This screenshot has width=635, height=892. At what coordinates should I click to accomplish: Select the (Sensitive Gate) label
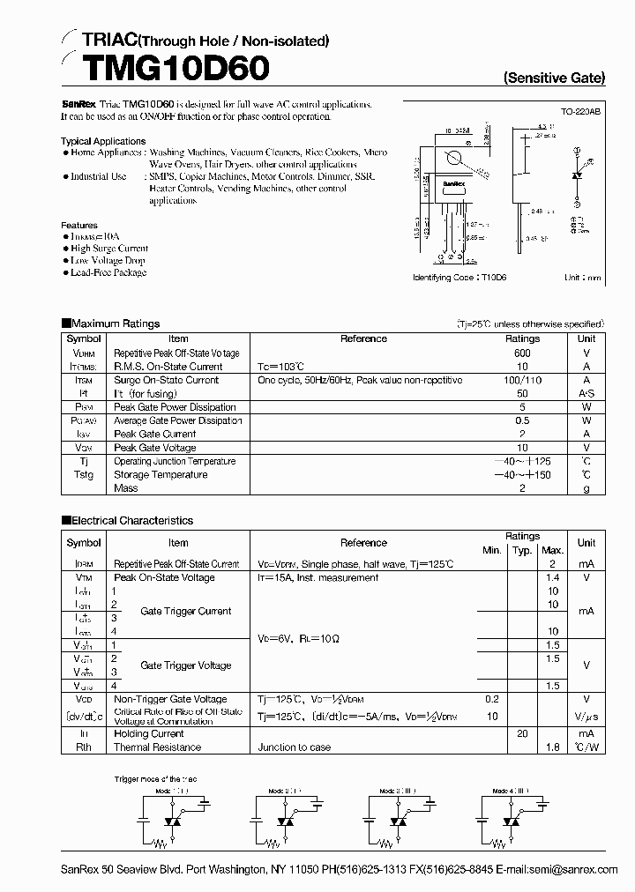[x=554, y=78]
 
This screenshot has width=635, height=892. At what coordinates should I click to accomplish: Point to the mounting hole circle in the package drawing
[x=455, y=160]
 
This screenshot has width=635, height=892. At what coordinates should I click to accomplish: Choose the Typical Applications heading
[x=103, y=141]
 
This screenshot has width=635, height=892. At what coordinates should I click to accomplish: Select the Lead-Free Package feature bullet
[x=108, y=272]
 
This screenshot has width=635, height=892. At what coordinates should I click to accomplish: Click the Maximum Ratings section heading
[x=115, y=323]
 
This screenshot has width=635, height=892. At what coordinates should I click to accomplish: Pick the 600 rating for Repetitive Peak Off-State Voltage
[x=522, y=353]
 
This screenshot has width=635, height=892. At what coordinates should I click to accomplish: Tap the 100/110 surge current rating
[x=522, y=380]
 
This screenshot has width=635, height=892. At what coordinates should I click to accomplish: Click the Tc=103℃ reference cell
[x=281, y=367]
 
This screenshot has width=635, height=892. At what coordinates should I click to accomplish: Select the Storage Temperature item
[x=160, y=475]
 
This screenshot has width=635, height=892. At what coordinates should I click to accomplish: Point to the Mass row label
[x=125, y=488]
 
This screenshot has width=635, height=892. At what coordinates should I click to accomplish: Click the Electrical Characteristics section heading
[x=131, y=521]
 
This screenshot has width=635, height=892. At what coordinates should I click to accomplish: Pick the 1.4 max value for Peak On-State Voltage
[x=553, y=577]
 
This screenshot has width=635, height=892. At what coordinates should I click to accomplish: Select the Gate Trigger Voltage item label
[x=185, y=665]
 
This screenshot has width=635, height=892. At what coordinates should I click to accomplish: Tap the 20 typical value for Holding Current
[x=522, y=733]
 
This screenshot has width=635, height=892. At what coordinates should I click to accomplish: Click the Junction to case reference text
[x=294, y=747]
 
